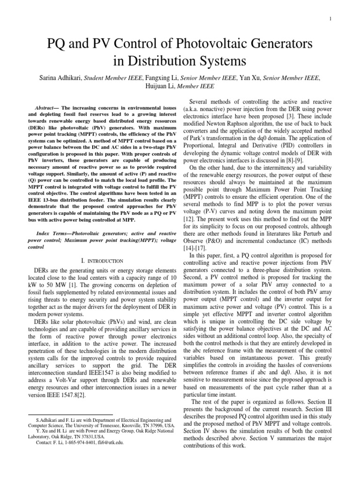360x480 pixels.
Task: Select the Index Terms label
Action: click(x=52, y=233)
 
